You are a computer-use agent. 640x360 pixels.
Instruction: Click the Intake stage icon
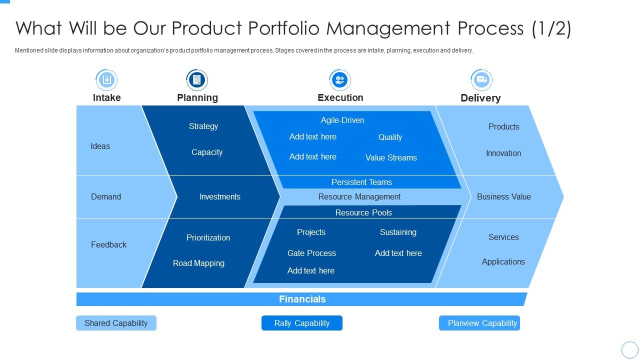106,79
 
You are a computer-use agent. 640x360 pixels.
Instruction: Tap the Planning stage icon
197,79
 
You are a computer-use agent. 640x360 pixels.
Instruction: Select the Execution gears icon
340,79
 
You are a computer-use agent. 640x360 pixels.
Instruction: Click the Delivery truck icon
481,79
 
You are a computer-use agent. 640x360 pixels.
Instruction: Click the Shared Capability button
116,323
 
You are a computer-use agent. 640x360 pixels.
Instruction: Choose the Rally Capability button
302,323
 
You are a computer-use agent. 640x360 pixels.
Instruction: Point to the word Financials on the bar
302,299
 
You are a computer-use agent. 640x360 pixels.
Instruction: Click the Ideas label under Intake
100,146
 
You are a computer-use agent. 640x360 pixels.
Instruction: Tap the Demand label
106,196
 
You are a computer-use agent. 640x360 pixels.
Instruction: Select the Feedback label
108,244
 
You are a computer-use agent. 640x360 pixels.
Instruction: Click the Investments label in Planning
220,196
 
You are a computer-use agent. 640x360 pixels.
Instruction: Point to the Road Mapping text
198,263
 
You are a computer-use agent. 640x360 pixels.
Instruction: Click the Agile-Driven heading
342,120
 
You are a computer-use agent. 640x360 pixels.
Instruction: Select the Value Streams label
391,157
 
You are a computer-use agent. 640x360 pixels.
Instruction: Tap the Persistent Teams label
361,182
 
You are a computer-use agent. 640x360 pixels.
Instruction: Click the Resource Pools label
363,212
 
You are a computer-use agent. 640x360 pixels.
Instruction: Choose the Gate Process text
311,253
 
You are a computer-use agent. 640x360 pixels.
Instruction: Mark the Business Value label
503,196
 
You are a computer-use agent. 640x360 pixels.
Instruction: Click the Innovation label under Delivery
503,153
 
